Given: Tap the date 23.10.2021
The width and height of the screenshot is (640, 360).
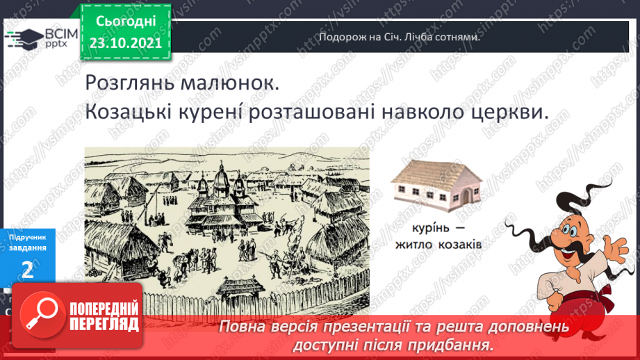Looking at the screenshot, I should [126, 43].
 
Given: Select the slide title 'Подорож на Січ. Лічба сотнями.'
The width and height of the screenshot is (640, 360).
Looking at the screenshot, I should [400, 37].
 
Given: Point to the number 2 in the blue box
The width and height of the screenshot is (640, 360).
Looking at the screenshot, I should [28, 269].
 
